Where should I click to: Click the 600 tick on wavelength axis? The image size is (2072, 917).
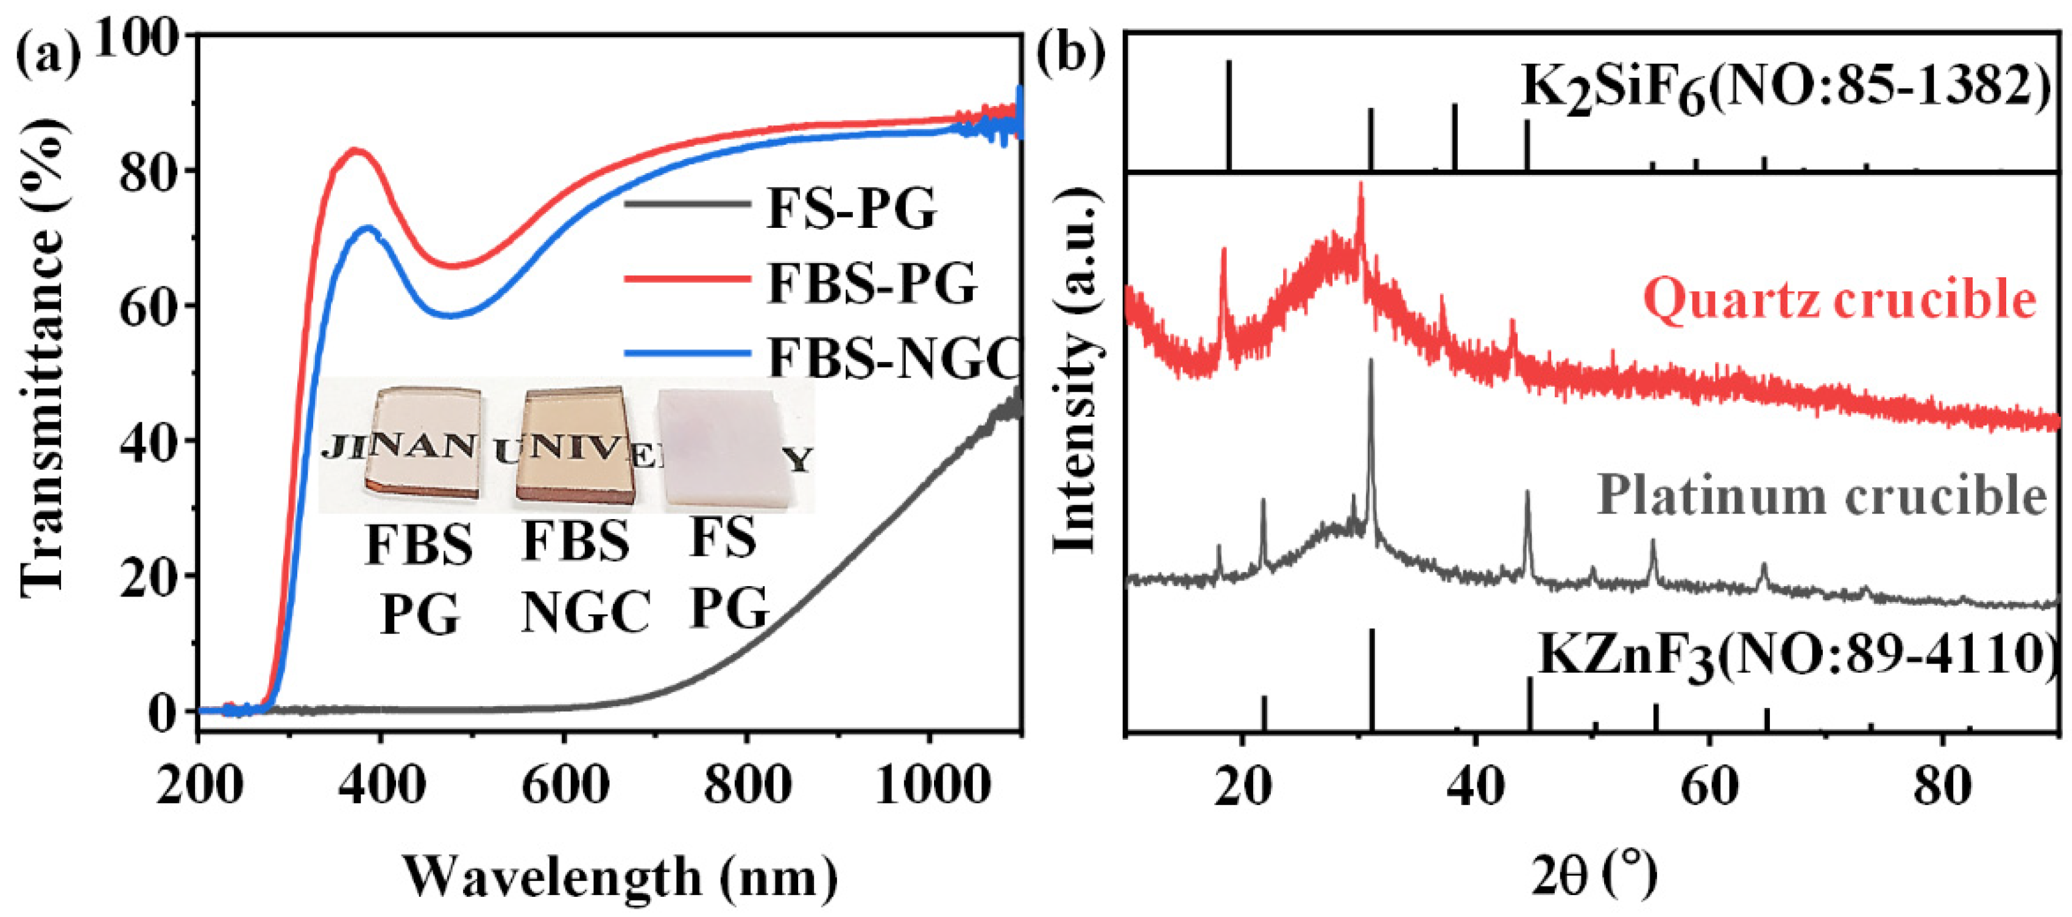[565, 784]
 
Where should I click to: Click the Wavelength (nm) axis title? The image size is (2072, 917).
[620, 877]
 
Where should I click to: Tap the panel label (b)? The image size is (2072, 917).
[1070, 53]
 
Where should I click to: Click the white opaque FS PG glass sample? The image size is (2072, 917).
[720, 450]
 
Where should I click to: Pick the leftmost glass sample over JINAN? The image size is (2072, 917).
[424, 442]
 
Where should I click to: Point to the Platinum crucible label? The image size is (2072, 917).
[1822, 495]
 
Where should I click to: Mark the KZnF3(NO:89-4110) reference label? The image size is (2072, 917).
[1798, 656]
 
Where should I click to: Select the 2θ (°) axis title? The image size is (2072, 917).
[1593, 877]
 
